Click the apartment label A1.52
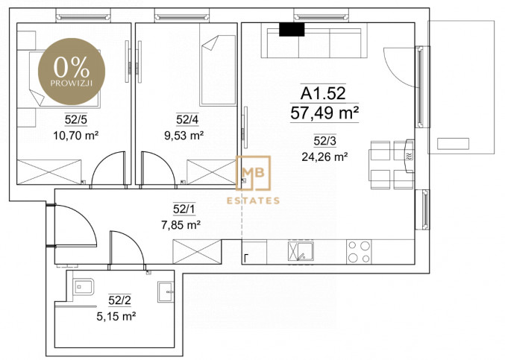(x=323, y=93)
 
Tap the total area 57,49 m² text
(x=324, y=113)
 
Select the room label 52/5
(x=75, y=120)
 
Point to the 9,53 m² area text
(x=184, y=136)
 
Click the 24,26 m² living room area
(x=324, y=157)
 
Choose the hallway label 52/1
(x=184, y=209)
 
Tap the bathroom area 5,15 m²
(x=116, y=316)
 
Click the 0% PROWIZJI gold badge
(x=72, y=72)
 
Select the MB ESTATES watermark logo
(x=253, y=180)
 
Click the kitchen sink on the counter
(x=301, y=251)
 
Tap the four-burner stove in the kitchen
(x=359, y=252)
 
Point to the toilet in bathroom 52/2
(x=83, y=287)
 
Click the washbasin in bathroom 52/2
(x=166, y=291)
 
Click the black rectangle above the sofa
(x=292, y=30)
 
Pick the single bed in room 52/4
(x=218, y=70)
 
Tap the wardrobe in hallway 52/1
(x=197, y=252)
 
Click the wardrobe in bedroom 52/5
(x=49, y=171)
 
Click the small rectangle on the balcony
(x=453, y=144)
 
